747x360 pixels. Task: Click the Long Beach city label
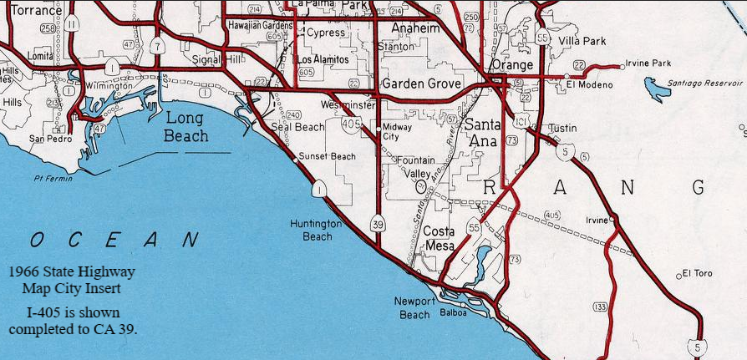(x=185, y=126)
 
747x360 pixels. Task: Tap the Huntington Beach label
(x=315, y=230)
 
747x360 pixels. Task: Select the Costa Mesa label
(x=440, y=238)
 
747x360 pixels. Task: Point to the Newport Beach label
(x=414, y=307)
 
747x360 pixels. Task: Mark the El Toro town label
(x=699, y=273)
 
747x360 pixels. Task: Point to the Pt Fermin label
(x=51, y=178)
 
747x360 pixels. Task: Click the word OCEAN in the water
(x=115, y=240)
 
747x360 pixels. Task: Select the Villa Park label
(x=582, y=40)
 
